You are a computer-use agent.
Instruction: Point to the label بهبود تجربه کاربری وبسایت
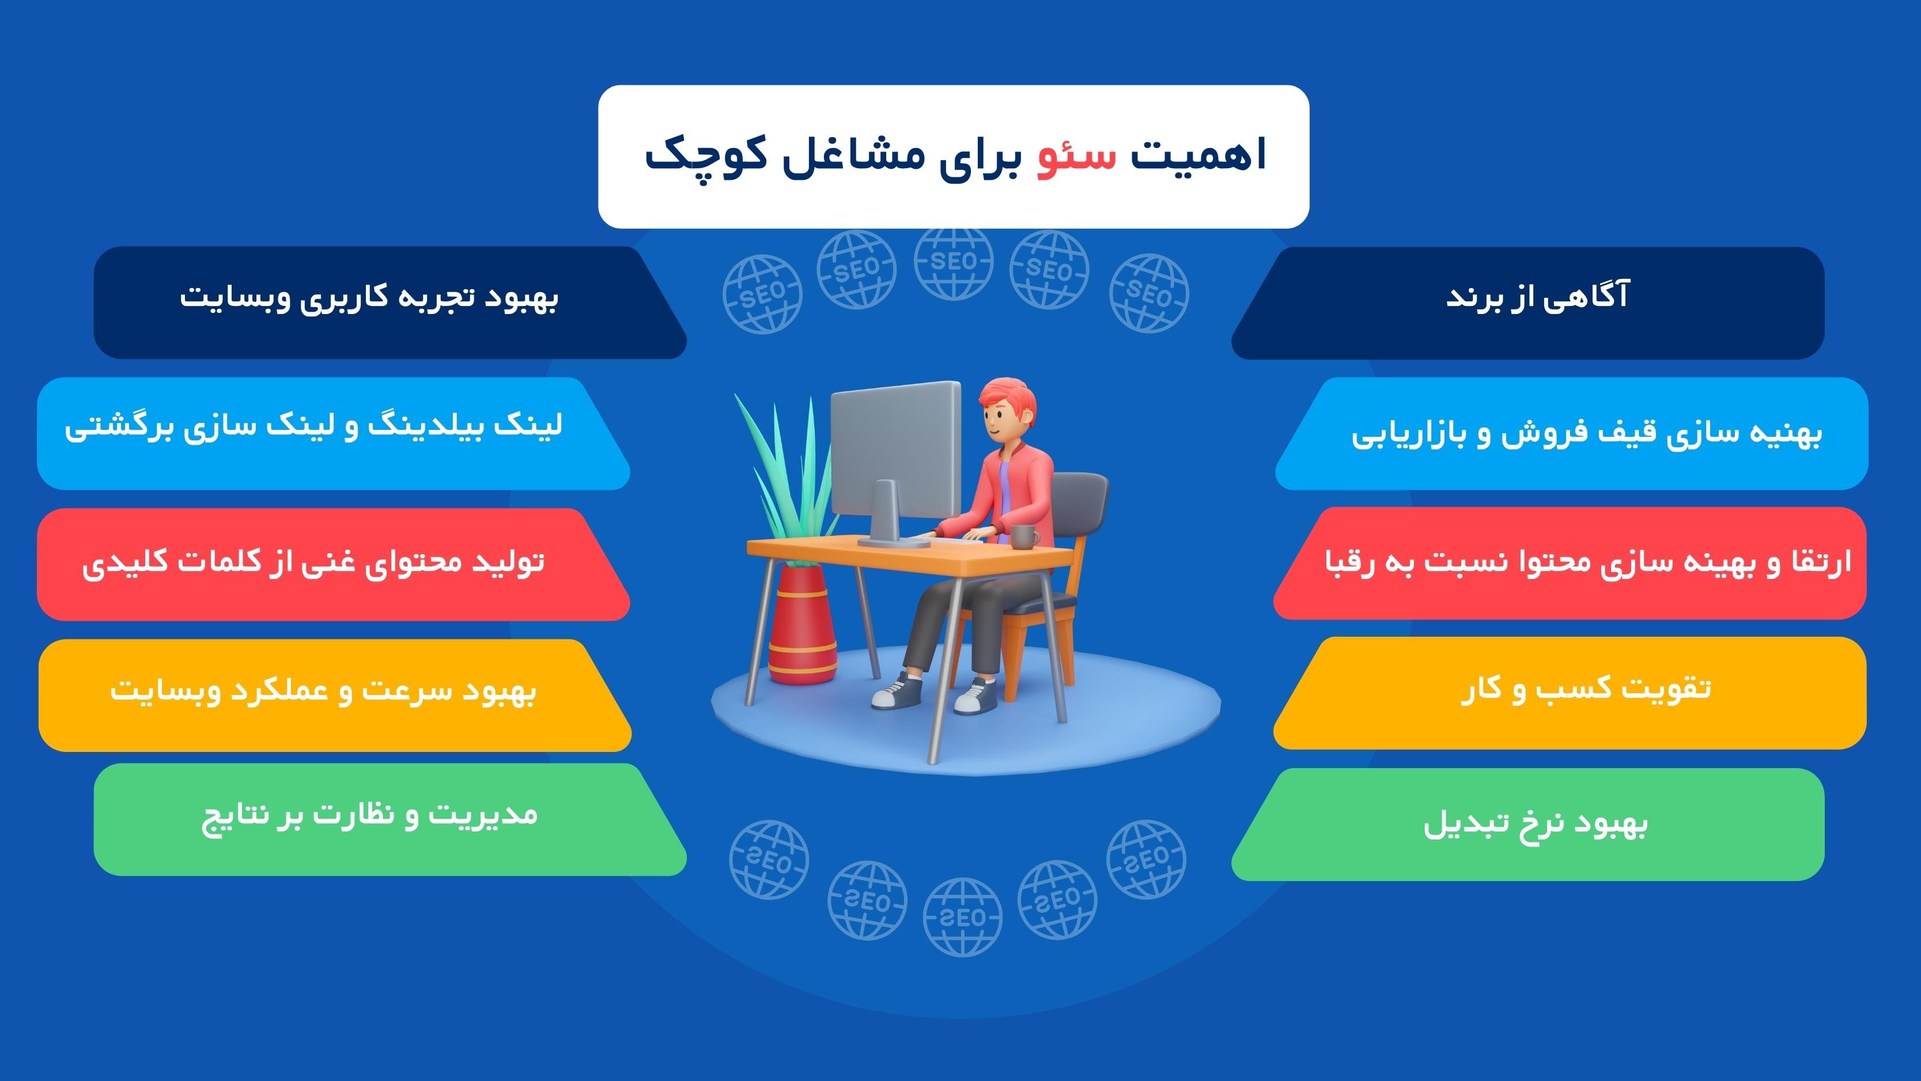tap(369, 297)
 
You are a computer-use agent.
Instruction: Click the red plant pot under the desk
tap(800, 625)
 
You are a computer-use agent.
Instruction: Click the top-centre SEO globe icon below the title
tap(954, 263)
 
